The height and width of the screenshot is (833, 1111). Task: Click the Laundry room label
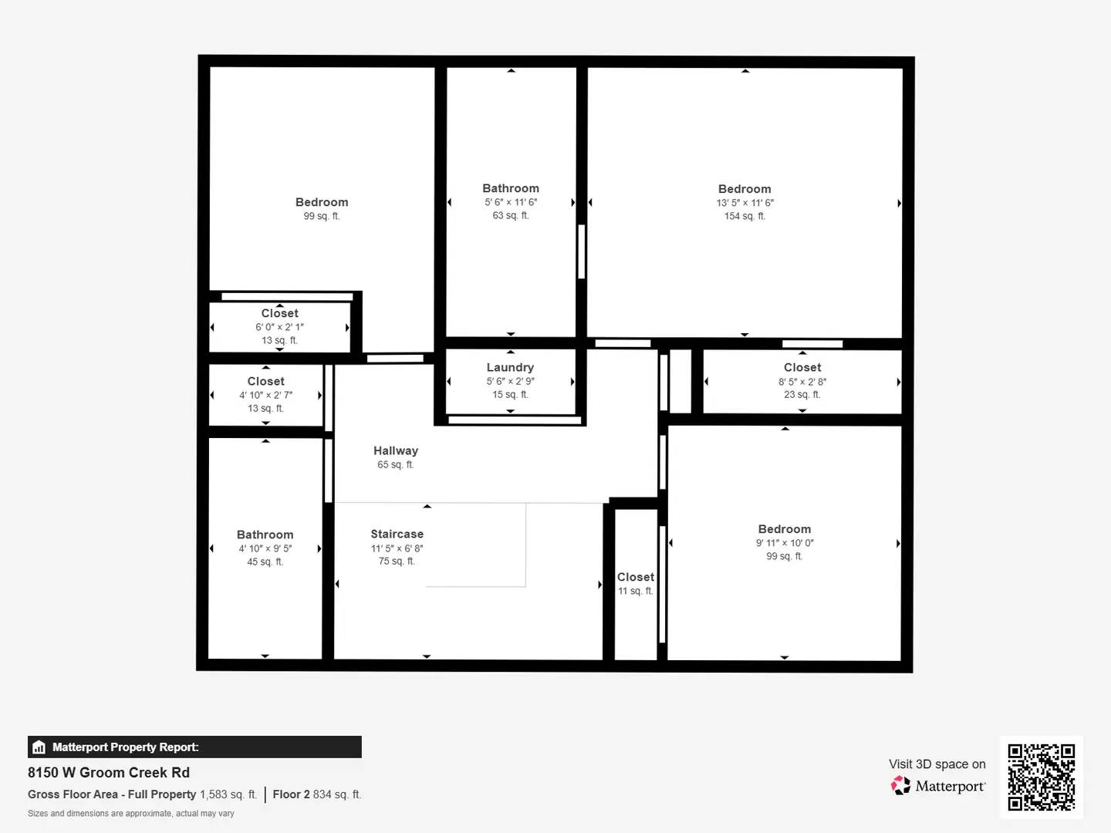[510, 367]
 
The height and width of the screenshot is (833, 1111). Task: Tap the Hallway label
[395, 450]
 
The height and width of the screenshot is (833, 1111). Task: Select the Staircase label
[397, 534]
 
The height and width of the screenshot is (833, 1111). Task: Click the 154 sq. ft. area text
[745, 216]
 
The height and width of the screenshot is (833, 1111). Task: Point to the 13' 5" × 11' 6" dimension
[745, 203]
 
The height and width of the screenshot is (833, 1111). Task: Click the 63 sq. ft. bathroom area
[511, 215]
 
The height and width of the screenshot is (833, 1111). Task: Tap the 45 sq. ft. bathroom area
[265, 562]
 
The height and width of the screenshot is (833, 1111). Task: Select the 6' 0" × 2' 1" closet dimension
[279, 327]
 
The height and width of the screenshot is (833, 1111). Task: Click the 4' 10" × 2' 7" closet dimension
[265, 395]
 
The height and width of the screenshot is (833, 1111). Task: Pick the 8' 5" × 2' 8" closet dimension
[802, 381]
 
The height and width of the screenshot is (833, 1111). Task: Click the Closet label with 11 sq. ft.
[635, 577]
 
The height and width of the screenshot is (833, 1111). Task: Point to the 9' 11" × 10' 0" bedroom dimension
[784, 542]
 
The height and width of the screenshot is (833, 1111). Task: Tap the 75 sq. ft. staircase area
[397, 561]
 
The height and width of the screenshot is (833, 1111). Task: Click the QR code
[1041, 777]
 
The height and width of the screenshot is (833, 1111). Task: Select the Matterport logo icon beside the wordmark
[900, 786]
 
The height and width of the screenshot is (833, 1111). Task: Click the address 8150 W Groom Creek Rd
[109, 772]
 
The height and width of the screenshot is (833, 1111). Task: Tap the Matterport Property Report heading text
[125, 747]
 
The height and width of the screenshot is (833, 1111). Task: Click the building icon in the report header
[39, 747]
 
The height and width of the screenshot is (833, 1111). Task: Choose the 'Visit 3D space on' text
[937, 764]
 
